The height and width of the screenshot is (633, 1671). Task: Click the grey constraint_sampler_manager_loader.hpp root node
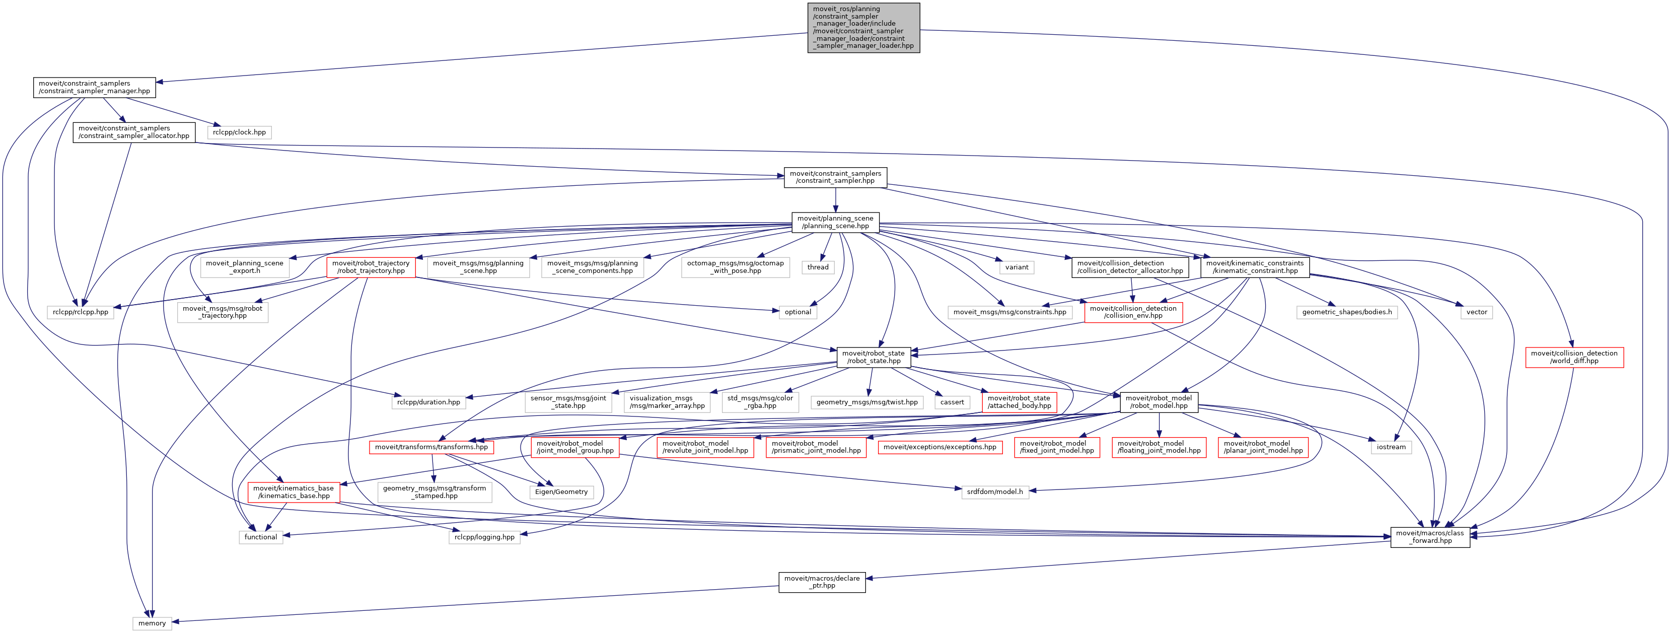pyautogui.click(x=863, y=27)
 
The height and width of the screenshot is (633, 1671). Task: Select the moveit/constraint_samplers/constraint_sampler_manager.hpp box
pyautogui.click(x=94, y=88)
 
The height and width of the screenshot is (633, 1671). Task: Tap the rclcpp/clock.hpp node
pyautogui.click(x=239, y=132)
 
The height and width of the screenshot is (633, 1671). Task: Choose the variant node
pyautogui.click(x=1016, y=267)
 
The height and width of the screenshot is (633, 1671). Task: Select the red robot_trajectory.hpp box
pyautogui.click(x=371, y=267)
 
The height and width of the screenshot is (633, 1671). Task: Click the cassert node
pyautogui.click(x=952, y=402)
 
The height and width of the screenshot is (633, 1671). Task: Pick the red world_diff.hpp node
pyautogui.click(x=1574, y=358)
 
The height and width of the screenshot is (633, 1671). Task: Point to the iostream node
pyautogui.click(x=1391, y=447)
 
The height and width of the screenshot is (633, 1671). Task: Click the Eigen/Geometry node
pyautogui.click(x=561, y=491)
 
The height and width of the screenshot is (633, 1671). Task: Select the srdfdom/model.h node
pyautogui.click(x=994, y=491)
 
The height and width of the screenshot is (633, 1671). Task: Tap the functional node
pyautogui.click(x=261, y=537)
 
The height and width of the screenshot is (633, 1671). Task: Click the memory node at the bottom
pyautogui.click(x=152, y=623)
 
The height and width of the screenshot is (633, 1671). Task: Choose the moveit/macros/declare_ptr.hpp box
pyautogui.click(x=821, y=582)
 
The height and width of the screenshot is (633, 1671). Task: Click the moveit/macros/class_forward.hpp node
pyautogui.click(x=1430, y=537)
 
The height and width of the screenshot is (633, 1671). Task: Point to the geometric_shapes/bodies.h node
pyautogui.click(x=1347, y=312)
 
